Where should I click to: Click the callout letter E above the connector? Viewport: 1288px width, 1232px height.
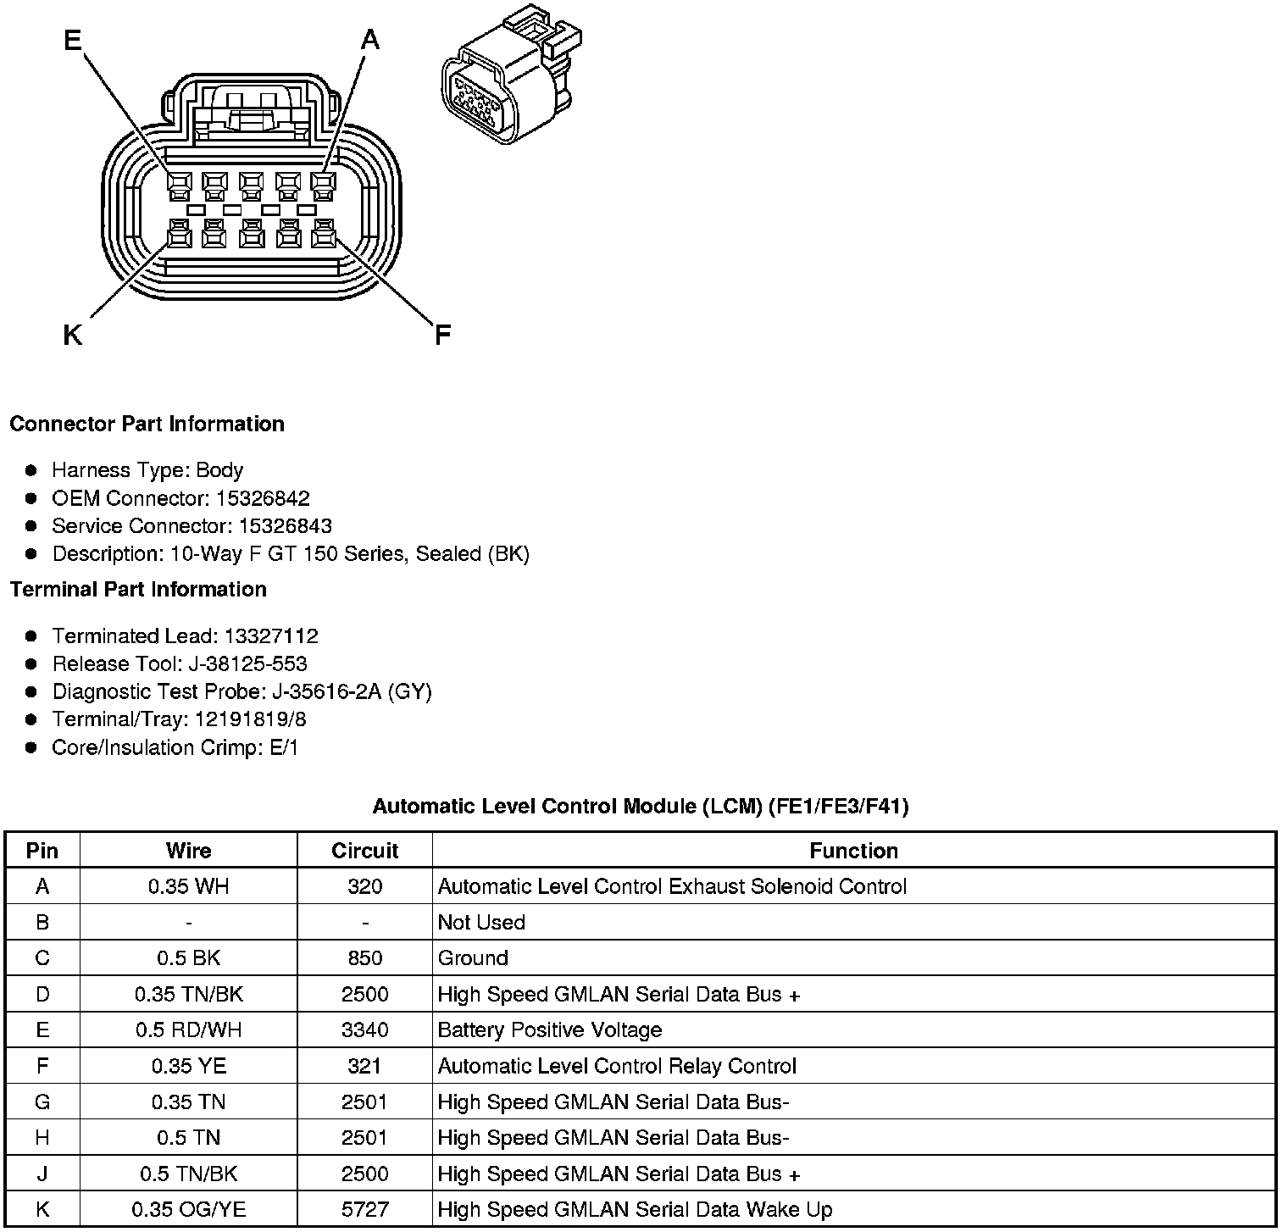coord(73,40)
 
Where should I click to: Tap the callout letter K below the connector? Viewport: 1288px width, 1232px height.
coord(73,336)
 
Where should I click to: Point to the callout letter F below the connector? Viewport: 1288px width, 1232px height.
coord(442,336)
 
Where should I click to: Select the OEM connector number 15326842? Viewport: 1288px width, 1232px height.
coord(263,498)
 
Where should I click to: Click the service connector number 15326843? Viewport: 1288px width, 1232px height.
coord(285,526)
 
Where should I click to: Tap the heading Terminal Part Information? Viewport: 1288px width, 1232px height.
coord(138,590)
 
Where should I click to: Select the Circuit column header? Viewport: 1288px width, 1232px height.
coord(364,851)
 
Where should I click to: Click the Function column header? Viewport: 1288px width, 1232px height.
coord(853,851)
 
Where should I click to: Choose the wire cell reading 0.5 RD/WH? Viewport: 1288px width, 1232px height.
coord(188,1030)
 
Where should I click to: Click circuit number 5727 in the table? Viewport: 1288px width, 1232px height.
coord(364,1210)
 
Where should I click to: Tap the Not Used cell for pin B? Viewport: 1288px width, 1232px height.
coord(481,923)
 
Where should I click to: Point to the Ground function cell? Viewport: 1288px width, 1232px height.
coord(473,958)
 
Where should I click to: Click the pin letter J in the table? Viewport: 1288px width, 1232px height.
coord(42,1174)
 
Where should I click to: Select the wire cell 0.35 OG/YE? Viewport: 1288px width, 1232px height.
coord(188,1210)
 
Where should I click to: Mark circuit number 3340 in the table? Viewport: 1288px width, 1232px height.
coord(364,1030)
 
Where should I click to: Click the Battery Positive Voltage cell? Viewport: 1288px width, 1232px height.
coord(549,1030)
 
